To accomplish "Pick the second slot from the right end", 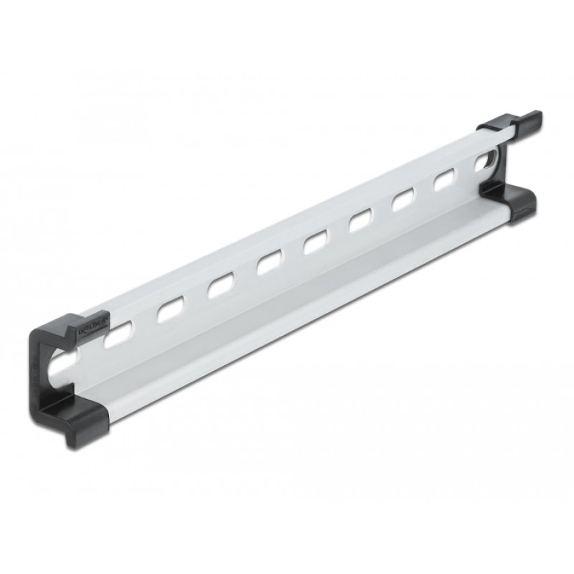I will pyautogui.click(x=443, y=179).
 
